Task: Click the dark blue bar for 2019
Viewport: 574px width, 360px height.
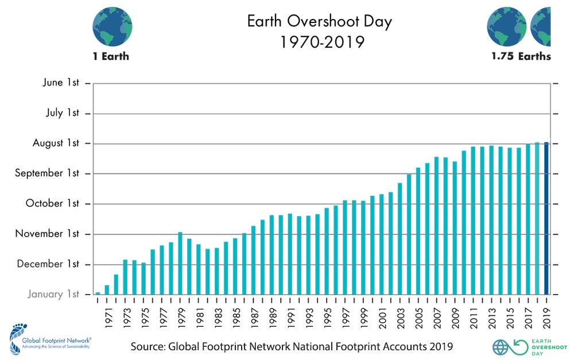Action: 546,218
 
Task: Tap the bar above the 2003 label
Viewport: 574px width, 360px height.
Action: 400,238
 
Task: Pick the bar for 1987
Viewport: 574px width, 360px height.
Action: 254,260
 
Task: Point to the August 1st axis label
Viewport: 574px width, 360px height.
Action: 56,143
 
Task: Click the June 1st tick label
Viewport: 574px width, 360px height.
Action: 61,83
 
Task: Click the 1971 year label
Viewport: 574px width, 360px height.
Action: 107,315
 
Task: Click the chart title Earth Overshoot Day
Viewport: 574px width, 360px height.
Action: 320,22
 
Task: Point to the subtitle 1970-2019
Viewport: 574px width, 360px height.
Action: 322,42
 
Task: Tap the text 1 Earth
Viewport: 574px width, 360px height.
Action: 111,56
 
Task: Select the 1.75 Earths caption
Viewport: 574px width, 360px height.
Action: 521,56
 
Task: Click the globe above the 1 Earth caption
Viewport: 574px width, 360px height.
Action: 113,26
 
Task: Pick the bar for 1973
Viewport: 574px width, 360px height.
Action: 125,277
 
